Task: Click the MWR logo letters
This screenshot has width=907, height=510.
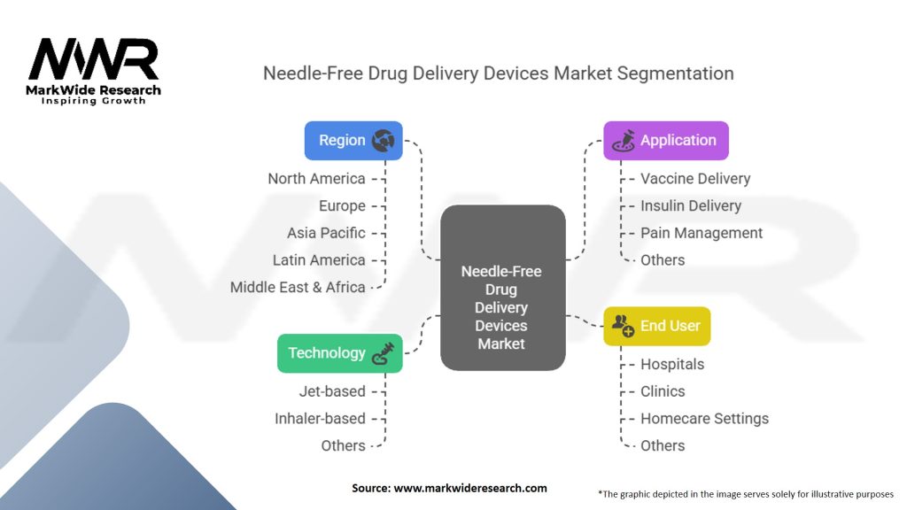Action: [x=94, y=59]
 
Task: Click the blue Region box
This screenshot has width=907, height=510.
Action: [x=353, y=141]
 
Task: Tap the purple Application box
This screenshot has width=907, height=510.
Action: [x=666, y=141]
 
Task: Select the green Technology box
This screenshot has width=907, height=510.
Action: [x=340, y=352]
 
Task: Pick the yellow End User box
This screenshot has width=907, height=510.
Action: [x=657, y=326]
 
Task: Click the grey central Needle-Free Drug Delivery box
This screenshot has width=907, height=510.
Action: [x=503, y=288]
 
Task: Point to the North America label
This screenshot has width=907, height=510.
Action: [x=316, y=179]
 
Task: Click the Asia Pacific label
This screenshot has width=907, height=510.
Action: [x=326, y=233]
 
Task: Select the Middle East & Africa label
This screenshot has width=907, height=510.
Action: [x=298, y=288]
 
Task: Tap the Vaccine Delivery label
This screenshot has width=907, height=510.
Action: [x=695, y=179]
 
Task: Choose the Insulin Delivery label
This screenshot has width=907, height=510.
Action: [x=691, y=205]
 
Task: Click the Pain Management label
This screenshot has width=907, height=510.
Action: [x=702, y=233]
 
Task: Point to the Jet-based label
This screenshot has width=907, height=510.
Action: [x=332, y=391]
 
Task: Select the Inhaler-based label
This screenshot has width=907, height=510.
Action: [x=320, y=419]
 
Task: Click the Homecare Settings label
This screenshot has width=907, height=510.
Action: [x=704, y=419]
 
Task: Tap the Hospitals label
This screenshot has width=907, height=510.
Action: [x=672, y=364]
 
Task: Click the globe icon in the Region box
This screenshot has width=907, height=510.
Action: [x=383, y=141]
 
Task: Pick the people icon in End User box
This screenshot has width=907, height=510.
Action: [x=623, y=326]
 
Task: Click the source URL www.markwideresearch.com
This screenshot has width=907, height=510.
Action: [x=470, y=488]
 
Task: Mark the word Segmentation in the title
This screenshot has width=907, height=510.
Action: [x=675, y=73]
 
